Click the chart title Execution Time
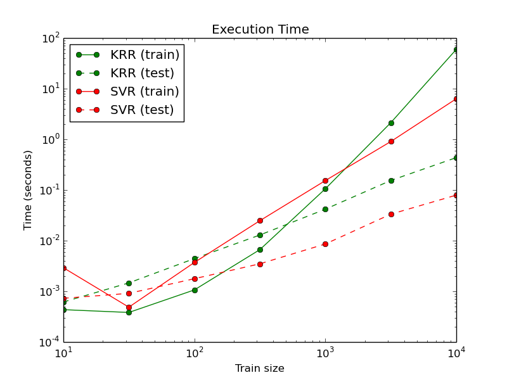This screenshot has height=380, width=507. [x=260, y=30]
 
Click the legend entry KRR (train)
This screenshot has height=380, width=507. [x=144, y=55]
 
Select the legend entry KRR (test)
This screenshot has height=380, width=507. [x=142, y=73]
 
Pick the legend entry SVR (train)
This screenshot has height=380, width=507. [x=144, y=92]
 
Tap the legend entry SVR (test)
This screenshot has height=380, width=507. [x=142, y=110]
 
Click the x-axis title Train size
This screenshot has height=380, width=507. [x=260, y=369]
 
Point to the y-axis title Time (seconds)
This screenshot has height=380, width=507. [x=28, y=190]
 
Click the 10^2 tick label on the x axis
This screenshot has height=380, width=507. [x=195, y=353]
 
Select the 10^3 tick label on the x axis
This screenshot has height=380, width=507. [x=325, y=353]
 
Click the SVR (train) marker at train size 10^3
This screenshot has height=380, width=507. [x=325, y=180]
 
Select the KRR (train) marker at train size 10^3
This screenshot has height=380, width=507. [x=325, y=189]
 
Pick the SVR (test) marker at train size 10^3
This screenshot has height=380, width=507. [x=325, y=244]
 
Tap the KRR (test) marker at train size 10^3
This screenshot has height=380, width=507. [x=325, y=209]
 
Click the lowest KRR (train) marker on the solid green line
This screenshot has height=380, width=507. [x=129, y=312]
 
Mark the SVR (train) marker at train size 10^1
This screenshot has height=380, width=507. [x=63, y=268]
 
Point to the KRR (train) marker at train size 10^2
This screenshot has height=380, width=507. [x=195, y=290]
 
